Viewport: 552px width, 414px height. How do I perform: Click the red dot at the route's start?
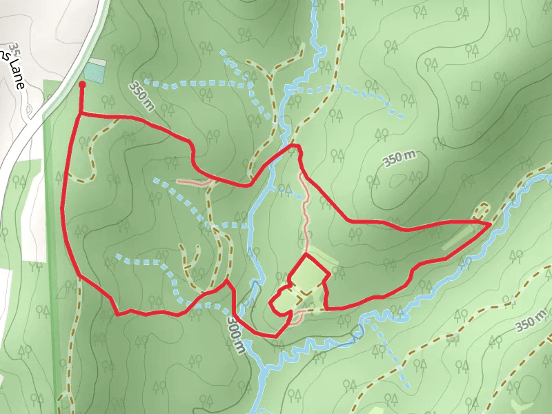pos(82,85)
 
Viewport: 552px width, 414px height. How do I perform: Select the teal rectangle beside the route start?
pos(95,72)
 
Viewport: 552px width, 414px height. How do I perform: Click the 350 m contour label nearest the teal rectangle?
pos(141,97)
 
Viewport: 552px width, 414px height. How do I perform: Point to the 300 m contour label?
pos(235,336)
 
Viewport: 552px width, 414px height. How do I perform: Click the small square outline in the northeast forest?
pos(475,86)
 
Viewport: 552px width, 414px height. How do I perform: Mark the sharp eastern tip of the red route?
pos(490,224)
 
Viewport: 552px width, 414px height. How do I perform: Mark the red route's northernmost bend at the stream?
pos(295,146)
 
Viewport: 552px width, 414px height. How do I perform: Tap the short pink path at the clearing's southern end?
pos(295,317)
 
